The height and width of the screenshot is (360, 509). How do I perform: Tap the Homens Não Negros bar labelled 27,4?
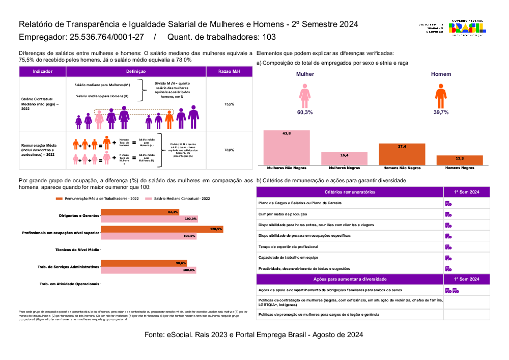point(402,154)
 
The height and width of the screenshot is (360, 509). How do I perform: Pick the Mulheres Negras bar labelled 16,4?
point(344,158)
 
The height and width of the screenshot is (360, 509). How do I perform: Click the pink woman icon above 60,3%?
point(305,95)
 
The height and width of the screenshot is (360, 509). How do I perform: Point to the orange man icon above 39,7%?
point(441,95)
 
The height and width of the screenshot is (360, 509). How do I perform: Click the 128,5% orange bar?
point(162,229)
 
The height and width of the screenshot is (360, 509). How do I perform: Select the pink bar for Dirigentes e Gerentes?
point(149,219)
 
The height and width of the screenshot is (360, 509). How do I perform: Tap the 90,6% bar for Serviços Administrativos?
point(144,263)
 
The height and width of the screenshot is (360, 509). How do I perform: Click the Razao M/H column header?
point(229,72)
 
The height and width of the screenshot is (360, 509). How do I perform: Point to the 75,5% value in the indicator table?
point(229,104)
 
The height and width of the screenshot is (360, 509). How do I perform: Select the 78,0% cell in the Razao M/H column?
point(229,150)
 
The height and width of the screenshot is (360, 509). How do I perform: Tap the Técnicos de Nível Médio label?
point(77,250)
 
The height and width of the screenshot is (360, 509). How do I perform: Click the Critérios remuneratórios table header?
point(350,192)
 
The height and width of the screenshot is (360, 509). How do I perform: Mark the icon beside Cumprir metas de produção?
point(449,214)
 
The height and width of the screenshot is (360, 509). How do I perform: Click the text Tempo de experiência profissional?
point(288,247)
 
